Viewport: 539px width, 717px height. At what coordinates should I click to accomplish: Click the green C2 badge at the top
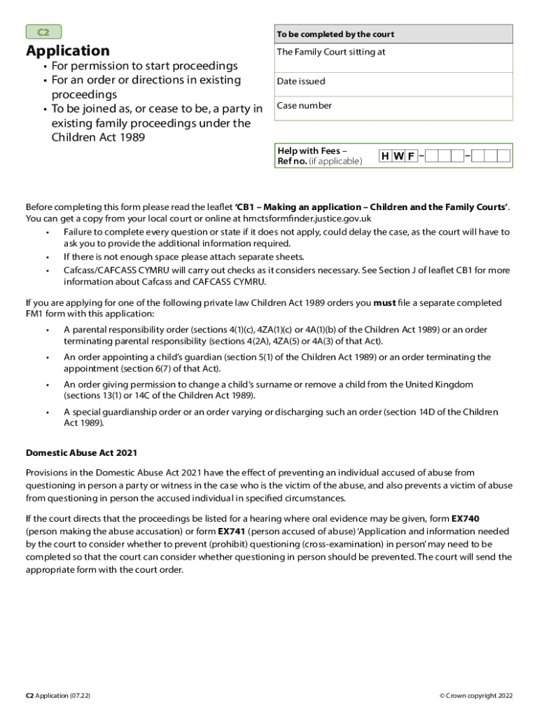(43, 32)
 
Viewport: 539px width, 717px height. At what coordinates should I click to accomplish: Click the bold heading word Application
(68, 51)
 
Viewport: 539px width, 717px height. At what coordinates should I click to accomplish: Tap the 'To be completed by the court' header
(335, 34)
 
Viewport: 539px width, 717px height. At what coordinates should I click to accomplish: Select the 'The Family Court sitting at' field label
(331, 53)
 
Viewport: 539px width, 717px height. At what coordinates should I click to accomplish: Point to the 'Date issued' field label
(301, 81)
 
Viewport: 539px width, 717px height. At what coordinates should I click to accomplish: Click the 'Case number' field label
(304, 106)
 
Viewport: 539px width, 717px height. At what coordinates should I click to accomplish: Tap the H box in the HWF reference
(386, 156)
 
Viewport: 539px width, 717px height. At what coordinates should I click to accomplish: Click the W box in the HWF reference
(398, 156)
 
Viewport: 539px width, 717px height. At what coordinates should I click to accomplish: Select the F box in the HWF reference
(411, 156)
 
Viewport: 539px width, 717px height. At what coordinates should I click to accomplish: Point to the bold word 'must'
(384, 303)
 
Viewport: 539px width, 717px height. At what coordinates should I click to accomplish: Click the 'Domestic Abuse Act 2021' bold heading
(76, 453)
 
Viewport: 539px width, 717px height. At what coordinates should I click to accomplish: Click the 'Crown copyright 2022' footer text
(476, 695)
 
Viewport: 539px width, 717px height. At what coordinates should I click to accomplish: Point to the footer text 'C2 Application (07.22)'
(58, 695)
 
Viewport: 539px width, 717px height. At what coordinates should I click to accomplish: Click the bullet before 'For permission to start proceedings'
(44, 67)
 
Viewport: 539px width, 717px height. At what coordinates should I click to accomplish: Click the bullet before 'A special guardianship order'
(48, 412)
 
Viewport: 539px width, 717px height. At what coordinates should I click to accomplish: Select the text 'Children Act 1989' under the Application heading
(99, 138)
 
